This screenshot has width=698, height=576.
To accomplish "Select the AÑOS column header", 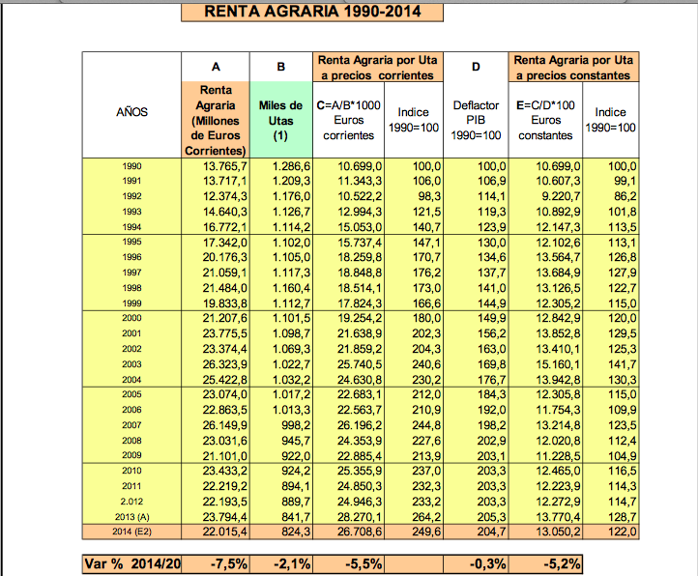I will tap(131, 112).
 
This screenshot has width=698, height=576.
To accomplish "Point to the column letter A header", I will tap(217, 67).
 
